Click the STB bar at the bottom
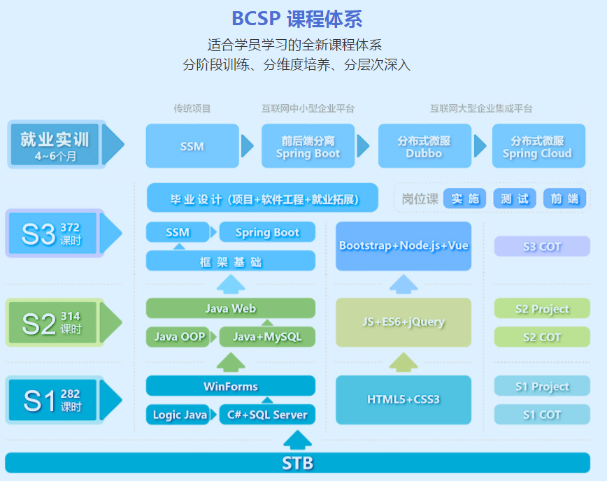pos(297,463)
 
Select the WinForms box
pos(231,386)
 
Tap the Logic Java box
pos(178,415)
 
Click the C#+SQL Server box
pos(267,415)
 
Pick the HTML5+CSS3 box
pos(404,400)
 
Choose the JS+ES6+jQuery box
pos(404,322)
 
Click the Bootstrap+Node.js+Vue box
pos(404,245)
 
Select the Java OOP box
pos(178,337)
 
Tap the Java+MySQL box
pos(267,337)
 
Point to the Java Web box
pos(231,308)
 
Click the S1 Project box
pos(542,386)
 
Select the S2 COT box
pos(542,337)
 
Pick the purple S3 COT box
pos(542,246)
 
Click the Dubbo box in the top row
pos(424,146)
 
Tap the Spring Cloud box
pos(538,146)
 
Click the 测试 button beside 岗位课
pos(515,199)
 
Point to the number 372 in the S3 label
pos(70,227)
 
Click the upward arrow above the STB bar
pos(297,440)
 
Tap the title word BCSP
pos(256,18)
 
